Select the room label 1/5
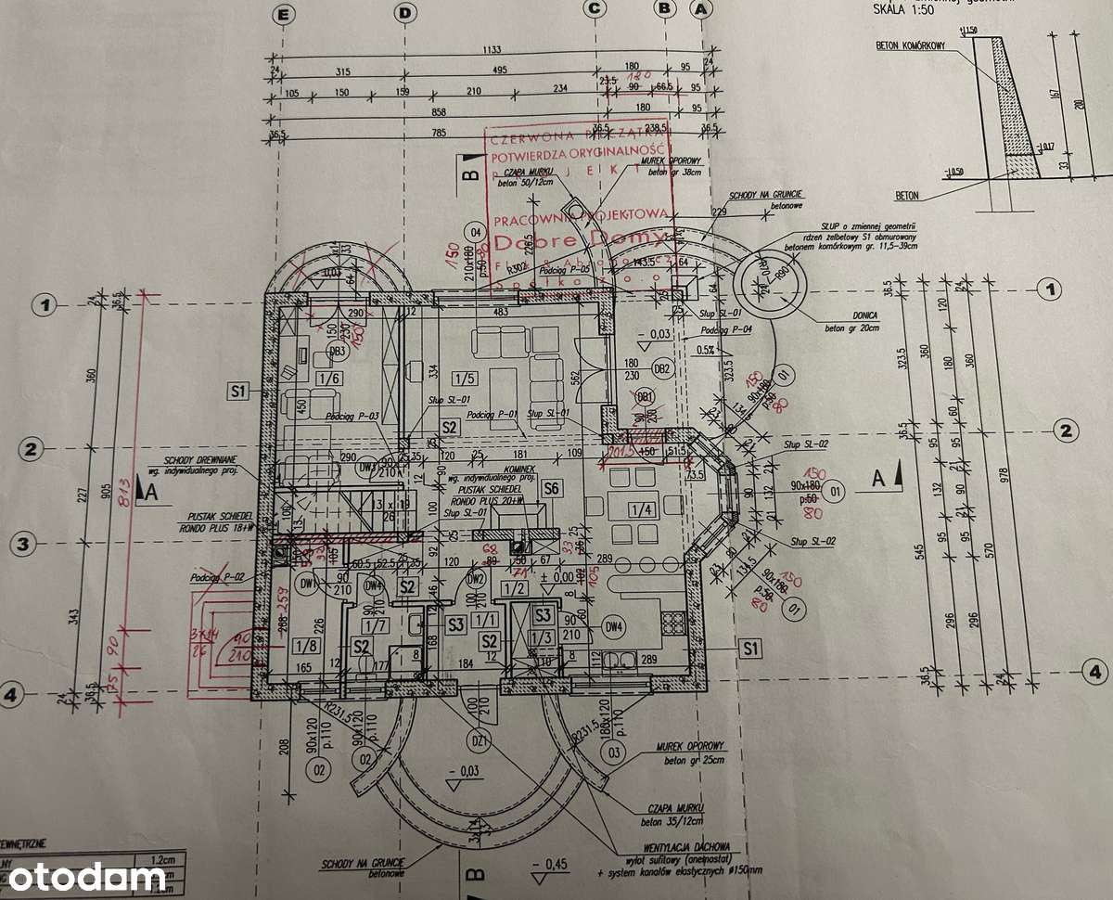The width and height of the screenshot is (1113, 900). [x=464, y=377]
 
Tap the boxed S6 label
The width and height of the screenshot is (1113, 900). [x=551, y=487]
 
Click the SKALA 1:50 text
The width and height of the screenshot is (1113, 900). [x=901, y=9]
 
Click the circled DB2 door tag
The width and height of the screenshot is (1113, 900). [x=661, y=368]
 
